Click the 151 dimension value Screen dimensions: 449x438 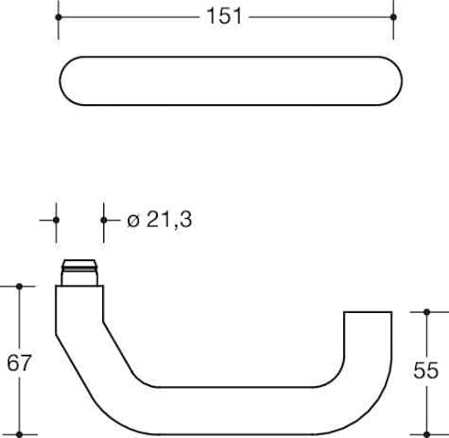pyautogui.click(x=224, y=16)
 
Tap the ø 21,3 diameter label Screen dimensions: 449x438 pyautogui.click(x=160, y=220)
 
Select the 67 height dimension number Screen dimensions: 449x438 pyautogui.click(x=19, y=363)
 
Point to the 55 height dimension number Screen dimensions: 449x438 pyautogui.click(x=426, y=370)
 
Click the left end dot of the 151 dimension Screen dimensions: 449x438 pyautogui.click(x=58, y=17)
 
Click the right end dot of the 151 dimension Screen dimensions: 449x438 pyautogui.click(x=393, y=17)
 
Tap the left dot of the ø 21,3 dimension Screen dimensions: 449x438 pyautogui.click(x=56, y=220)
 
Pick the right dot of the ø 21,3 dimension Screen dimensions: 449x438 pyautogui.click(x=104, y=220)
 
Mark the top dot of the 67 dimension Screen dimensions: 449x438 pyautogui.click(x=19, y=287)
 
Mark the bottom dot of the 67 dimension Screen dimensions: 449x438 pyautogui.click(x=19, y=434)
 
